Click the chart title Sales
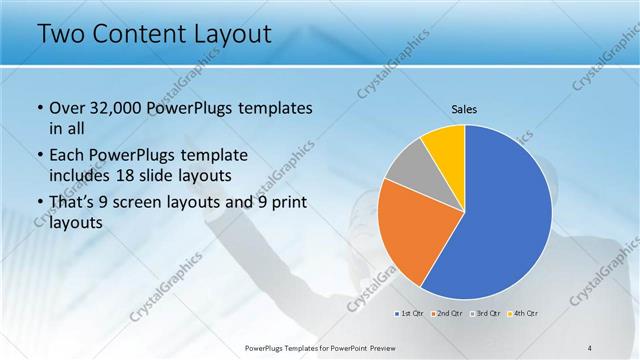(x=465, y=108)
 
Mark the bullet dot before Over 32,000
(x=39, y=108)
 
